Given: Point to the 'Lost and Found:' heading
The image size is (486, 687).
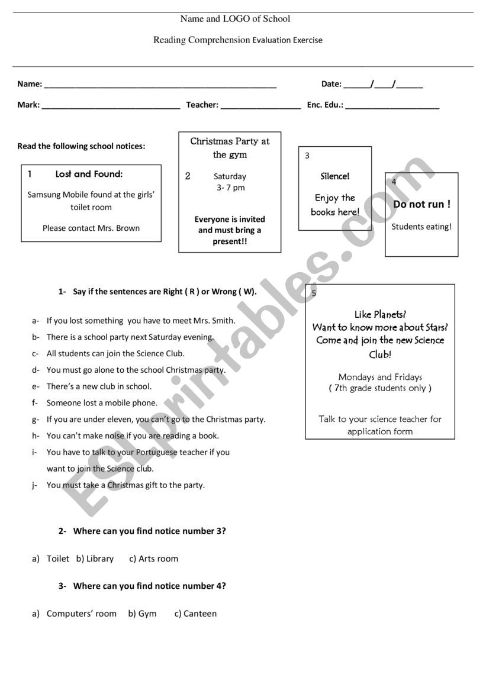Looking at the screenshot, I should click(x=89, y=174).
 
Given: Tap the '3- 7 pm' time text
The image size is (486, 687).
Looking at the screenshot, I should click(x=230, y=188).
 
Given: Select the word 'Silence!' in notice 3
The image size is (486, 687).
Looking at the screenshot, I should click(x=335, y=176).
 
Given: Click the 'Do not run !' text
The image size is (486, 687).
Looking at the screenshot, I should click(x=421, y=204).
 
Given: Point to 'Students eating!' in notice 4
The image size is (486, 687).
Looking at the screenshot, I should click(x=421, y=227).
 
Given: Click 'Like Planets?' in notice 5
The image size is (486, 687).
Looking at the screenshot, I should click(x=380, y=314).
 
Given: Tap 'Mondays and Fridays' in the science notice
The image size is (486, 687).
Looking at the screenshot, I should click(x=380, y=377).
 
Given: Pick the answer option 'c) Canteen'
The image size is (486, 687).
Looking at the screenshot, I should click(x=195, y=614).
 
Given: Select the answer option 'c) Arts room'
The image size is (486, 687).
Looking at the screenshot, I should click(x=153, y=559).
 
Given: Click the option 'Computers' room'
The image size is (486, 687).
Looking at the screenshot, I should click(x=81, y=614).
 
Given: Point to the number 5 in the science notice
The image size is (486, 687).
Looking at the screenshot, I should click(x=314, y=293).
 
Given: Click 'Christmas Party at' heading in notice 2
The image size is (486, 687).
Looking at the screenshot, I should click(x=230, y=141).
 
